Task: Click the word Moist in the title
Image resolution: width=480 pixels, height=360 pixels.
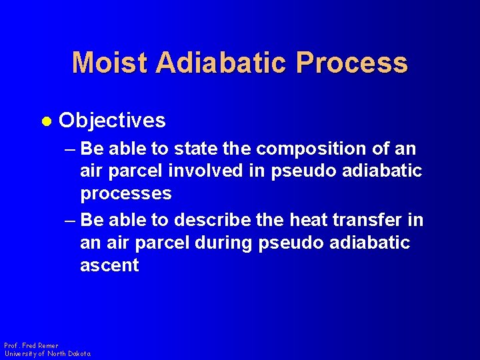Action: [110, 63]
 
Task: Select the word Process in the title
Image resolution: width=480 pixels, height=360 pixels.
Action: [352, 63]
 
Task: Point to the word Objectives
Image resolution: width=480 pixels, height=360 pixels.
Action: [112, 121]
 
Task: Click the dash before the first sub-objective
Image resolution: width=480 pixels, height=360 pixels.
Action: [70, 149]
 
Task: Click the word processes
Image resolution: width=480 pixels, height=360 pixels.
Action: [125, 194]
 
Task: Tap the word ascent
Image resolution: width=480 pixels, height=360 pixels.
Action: [109, 265]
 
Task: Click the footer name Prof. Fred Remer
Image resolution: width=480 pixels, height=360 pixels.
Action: [31, 346]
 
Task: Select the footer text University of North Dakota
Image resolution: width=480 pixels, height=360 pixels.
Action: [47, 354]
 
